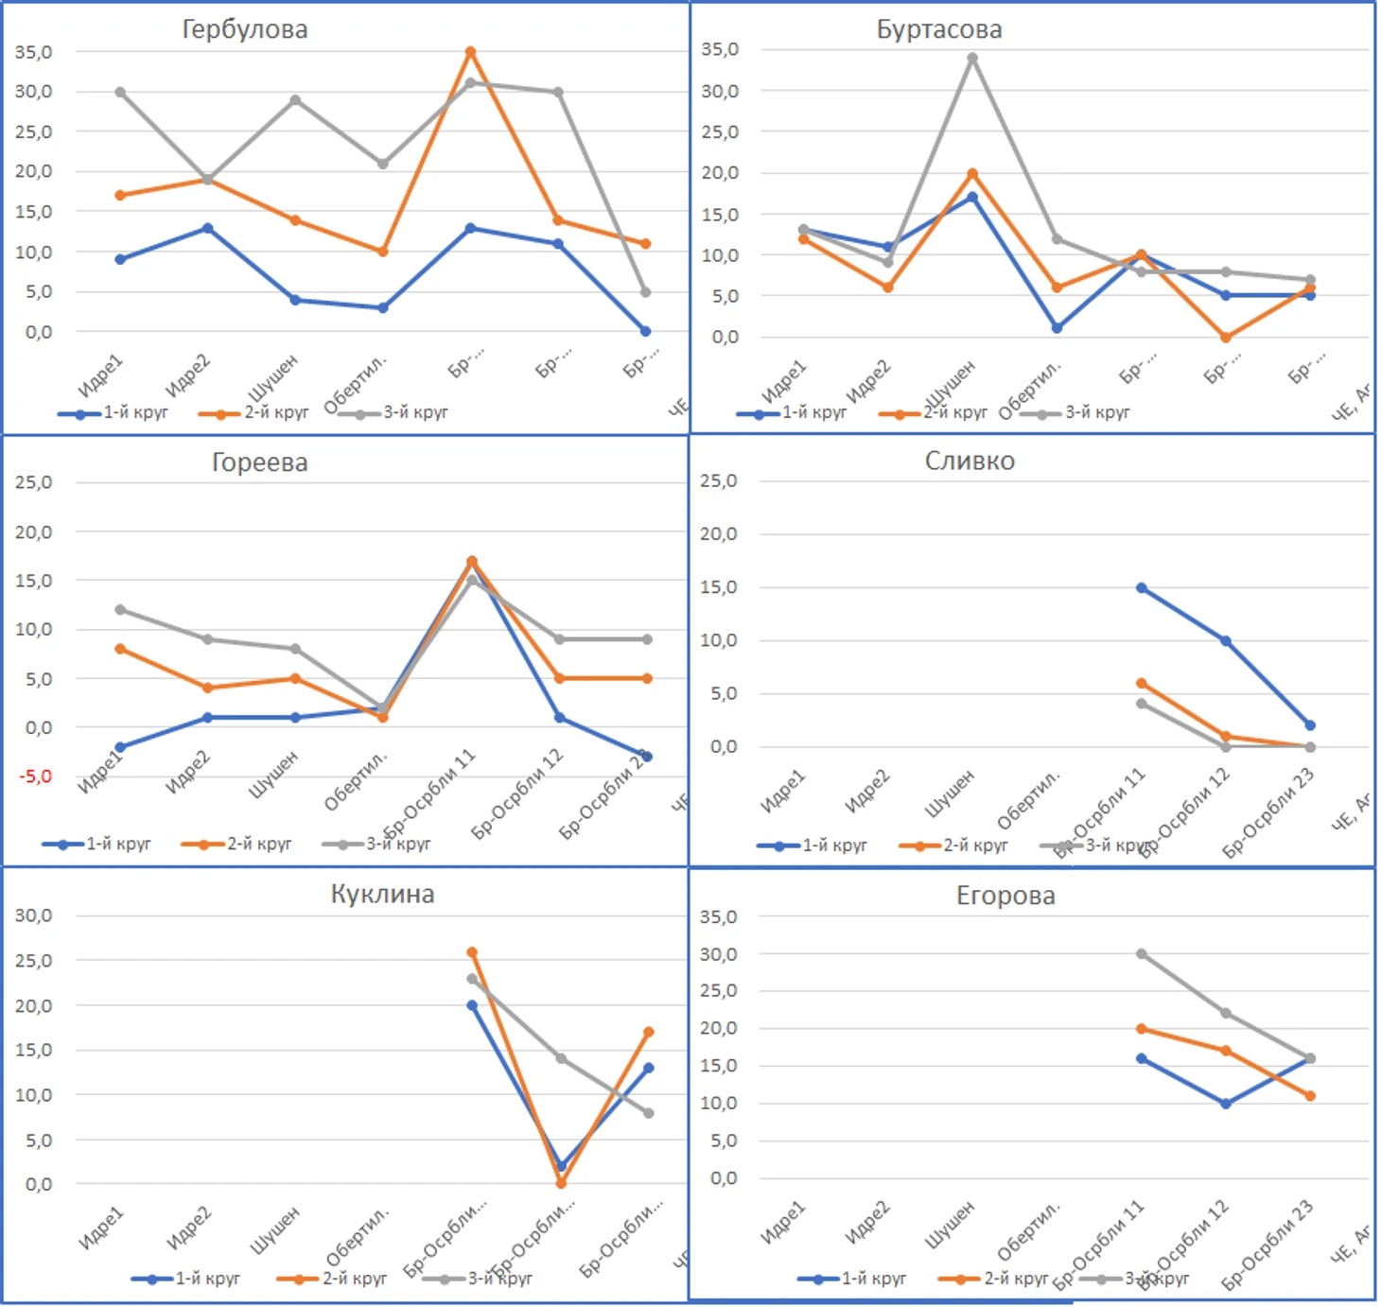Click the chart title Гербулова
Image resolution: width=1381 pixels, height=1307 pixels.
click(245, 29)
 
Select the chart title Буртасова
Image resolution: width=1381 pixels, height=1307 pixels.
click(938, 29)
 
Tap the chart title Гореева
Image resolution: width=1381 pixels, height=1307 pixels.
click(259, 462)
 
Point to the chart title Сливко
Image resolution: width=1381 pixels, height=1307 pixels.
click(970, 461)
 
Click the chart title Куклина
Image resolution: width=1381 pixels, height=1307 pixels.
click(382, 894)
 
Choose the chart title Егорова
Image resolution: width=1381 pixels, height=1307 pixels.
click(1005, 895)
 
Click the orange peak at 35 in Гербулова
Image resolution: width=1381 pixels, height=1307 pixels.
click(470, 52)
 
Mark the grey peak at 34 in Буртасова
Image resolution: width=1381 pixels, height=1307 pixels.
click(972, 59)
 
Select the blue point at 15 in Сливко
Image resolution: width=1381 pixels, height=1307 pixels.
click(1142, 588)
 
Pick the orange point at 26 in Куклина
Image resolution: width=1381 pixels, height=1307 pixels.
click(472, 952)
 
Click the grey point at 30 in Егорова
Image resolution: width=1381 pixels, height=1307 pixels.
click(1142, 954)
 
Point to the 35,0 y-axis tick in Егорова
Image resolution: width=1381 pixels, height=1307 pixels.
click(718, 916)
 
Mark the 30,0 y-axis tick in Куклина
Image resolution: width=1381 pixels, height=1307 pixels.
click(33, 915)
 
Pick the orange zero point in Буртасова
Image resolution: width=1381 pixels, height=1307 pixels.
click(1226, 337)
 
